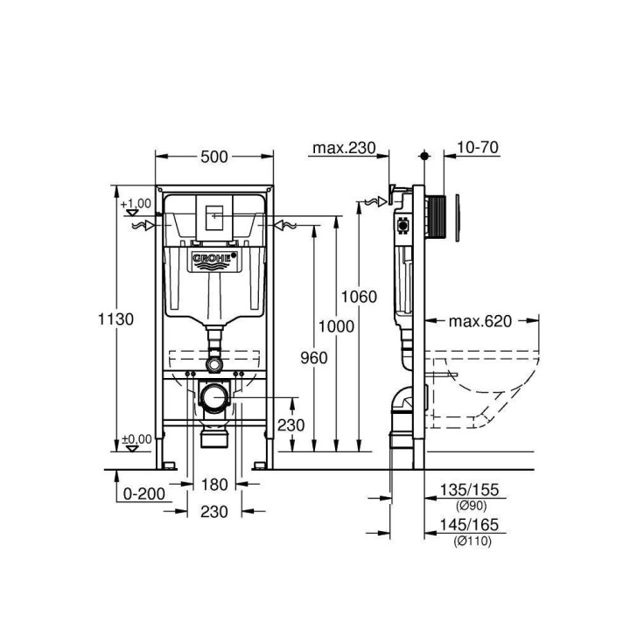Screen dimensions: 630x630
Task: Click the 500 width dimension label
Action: (x=214, y=157)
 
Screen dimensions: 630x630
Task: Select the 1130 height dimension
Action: (x=115, y=319)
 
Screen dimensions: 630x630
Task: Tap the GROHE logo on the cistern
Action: (x=214, y=259)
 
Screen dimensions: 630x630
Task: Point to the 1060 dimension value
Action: (x=359, y=297)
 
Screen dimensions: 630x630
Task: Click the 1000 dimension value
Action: (x=336, y=326)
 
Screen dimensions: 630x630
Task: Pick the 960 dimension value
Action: (x=313, y=357)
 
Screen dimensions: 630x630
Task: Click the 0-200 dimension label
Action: (x=144, y=493)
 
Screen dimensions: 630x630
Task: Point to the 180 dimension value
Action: (x=214, y=484)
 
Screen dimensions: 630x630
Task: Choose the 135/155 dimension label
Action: (x=472, y=492)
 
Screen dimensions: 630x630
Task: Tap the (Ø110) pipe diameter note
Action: (x=472, y=541)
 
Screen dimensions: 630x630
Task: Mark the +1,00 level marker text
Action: (x=136, y=203)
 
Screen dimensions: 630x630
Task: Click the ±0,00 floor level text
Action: (x=136, y=438)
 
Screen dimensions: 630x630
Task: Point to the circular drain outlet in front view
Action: (x=214, y=398)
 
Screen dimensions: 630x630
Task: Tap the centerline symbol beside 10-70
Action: (x=425, y=156)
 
